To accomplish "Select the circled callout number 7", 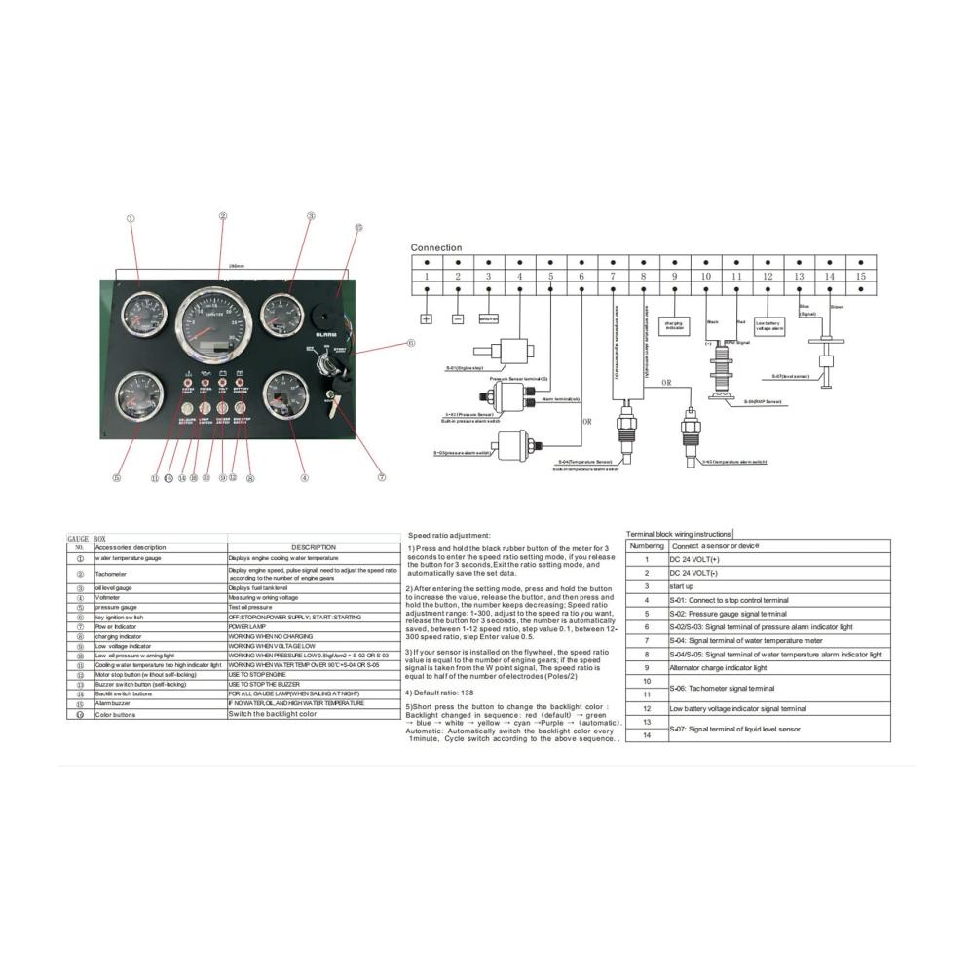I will coord(382,477).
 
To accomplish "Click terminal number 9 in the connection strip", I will coord(674,277).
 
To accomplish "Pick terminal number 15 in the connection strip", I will coord(859,277).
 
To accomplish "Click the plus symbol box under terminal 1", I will coord(426,318).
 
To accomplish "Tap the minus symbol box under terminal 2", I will coord(458,318).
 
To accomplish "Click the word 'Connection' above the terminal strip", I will coord(436,248).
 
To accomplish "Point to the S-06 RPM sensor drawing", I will coord(722,375).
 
